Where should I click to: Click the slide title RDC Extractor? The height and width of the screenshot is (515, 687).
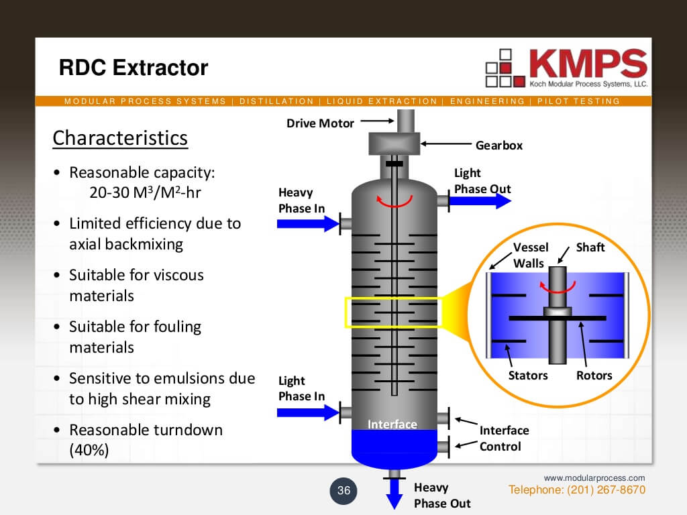click(x=134, y=68)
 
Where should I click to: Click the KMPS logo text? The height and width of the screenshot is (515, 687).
click(x=588, y=64)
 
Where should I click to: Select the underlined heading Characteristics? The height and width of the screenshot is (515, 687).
click(x=120, y=138)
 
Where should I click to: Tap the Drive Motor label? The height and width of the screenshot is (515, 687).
click(x=320, y=123)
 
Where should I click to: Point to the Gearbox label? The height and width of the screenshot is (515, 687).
click(x=498, y=145)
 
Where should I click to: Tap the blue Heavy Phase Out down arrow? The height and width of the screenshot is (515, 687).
click(x=394, y=495)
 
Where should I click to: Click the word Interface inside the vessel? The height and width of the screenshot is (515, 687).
click(x=392, y=424)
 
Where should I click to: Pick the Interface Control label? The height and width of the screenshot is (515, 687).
click(x=504, y=438)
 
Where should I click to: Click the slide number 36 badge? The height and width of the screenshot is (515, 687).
click(x=343, y=491)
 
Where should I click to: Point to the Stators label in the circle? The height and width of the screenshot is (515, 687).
click(x=528, y=376)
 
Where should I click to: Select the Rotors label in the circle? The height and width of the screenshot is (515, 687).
click(x=594, y=376)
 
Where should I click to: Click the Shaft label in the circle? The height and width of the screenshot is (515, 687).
click(x=590, y=247)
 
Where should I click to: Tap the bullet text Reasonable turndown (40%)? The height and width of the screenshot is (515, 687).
click(x=146, y=440)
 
